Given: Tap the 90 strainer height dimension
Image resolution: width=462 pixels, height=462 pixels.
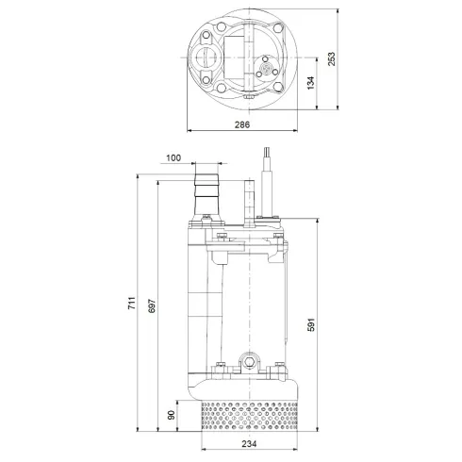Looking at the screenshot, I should pyautogui.click(x=172, y=412).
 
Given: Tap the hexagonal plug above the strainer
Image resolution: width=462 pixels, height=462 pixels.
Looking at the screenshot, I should pyautogui.click(x=250, y=360).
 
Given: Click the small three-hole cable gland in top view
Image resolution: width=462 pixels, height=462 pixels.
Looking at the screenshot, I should pyautogui.click(x=268, y=70).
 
